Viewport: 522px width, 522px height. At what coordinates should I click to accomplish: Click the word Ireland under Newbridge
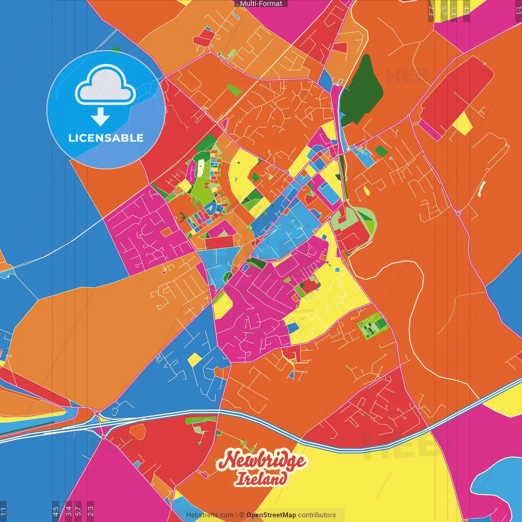pos(261,478)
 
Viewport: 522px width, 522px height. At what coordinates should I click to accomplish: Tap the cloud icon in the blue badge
pos(106,86)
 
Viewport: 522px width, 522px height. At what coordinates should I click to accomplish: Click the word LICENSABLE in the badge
pos(106,138)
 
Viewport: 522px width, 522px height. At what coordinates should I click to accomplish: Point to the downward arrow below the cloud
pos(100,117)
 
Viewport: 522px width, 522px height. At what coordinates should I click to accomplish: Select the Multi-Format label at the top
pos(261,4)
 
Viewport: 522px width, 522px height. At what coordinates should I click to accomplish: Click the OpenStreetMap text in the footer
pos(271,515)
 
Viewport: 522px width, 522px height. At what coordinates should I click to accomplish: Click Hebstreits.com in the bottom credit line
pos(210,515)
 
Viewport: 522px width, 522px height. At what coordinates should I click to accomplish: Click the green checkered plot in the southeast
pos(372,326)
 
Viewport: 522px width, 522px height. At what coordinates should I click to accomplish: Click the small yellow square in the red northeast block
pos(462,124)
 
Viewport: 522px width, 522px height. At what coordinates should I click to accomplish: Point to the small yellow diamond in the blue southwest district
pos(195,359)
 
